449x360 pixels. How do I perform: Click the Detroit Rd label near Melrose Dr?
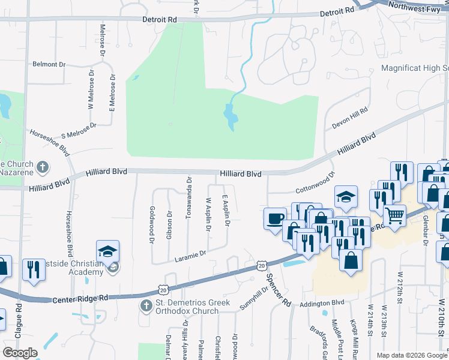click(159, 20)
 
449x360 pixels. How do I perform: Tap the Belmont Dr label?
click(49, 64)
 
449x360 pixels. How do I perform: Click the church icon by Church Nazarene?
click(43, 167)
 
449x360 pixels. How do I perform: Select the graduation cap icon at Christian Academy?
click(108, 251)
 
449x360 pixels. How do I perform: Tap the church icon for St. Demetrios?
click(145, 306)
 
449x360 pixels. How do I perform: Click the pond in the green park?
click(229, 118)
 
